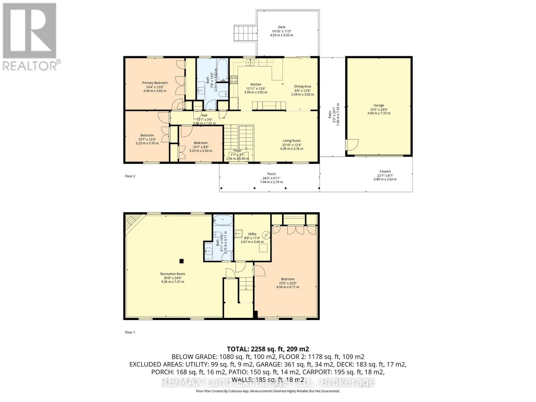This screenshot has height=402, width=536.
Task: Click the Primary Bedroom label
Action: (154, 83)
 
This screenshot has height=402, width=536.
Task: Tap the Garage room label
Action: (379, 105)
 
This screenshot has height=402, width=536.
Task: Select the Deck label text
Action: (281, 27)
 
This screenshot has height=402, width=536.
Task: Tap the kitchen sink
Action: (250, 62)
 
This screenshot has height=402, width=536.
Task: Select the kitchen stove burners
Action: (233, 79)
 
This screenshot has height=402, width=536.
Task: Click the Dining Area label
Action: (302, 86)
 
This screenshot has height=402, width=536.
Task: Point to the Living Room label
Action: (291, 141)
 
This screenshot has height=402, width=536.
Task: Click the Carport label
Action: (385, 171)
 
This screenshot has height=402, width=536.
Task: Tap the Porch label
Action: (271, 174)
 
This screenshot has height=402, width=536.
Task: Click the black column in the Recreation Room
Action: (181, 261)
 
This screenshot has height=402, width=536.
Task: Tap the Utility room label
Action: (252, 234)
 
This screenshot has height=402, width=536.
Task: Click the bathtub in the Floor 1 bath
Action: (222, 220)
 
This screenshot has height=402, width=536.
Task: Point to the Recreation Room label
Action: (173, 274)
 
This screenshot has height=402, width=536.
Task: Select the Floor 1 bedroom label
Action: (287, 279)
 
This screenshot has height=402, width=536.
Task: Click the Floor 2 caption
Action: (130, 176)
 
